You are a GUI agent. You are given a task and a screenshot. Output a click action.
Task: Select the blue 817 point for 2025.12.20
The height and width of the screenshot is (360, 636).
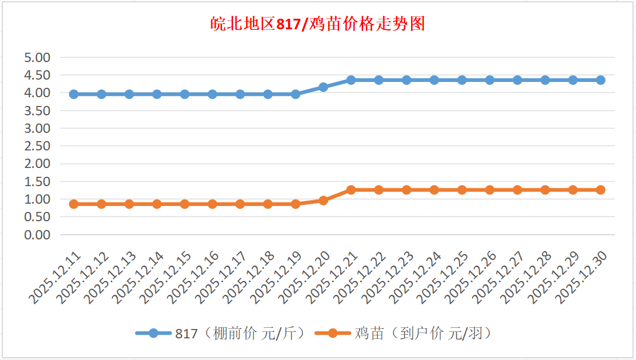[323, 87]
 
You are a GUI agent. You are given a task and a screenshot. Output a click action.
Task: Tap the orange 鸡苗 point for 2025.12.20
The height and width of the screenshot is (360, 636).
[323, 200]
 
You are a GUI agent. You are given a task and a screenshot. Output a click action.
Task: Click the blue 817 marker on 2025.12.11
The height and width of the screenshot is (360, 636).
[74, 94]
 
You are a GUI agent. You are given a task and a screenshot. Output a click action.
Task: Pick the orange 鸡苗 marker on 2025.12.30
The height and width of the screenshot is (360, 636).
[600, 190]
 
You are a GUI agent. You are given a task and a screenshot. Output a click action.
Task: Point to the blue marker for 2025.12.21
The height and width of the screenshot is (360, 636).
[351, 80]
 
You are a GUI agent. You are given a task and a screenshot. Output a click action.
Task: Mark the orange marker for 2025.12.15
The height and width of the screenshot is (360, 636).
[184, 204]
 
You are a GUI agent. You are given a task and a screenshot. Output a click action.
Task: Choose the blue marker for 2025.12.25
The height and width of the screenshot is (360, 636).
[462, 80]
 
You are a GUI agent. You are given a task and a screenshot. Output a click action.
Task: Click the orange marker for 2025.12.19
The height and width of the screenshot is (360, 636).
[296, 204]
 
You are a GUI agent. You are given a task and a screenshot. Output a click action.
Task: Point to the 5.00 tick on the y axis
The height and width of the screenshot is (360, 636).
[37, 57]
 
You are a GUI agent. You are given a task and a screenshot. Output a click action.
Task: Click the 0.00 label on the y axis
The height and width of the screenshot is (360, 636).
[37, 235]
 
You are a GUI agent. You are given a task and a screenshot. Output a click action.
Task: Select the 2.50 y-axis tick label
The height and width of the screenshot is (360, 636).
[37, 146]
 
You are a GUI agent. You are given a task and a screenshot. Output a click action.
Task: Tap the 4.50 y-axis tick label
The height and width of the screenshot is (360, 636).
[37, 75]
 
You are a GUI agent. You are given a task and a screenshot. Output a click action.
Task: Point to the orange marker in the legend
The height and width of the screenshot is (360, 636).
[332, 334]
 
